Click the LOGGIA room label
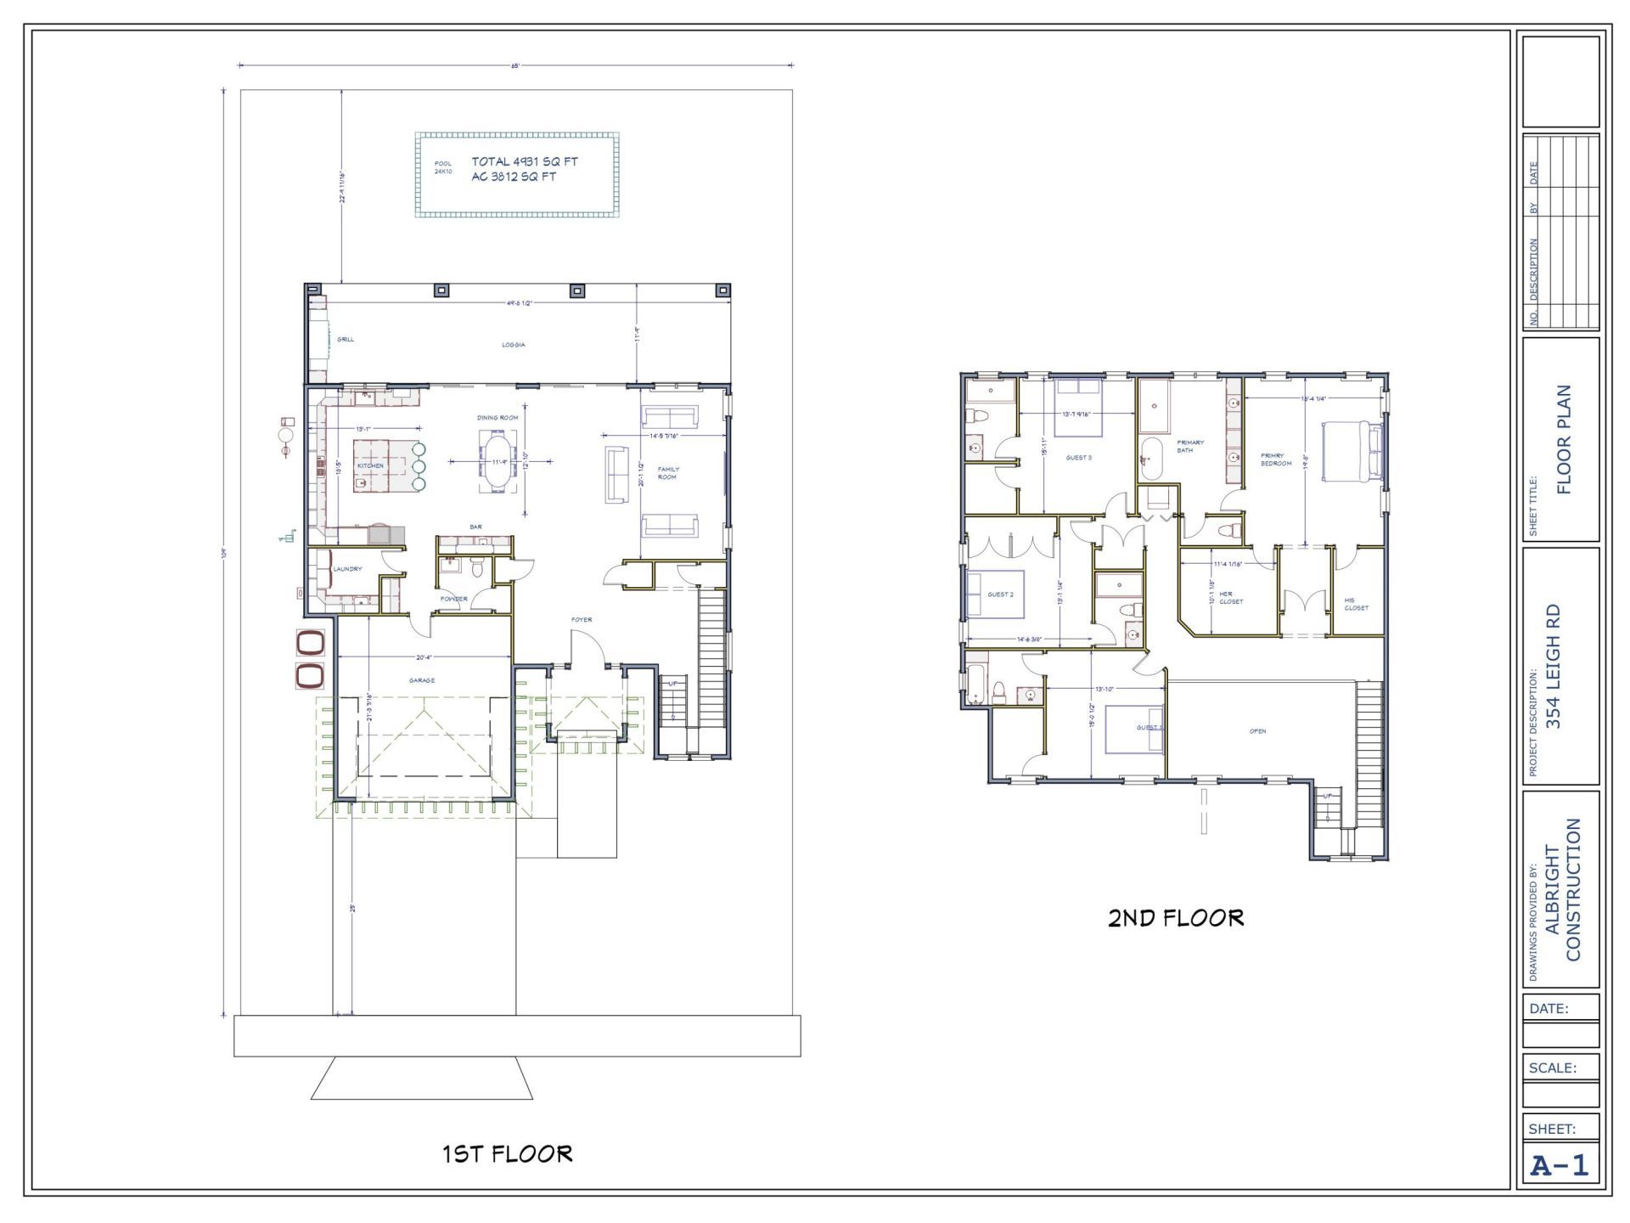pos(513,345)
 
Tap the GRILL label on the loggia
pos(346,340)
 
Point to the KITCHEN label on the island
pos(370,465)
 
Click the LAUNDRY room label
pos(347,569)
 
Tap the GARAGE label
pos(422,680)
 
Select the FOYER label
pos(582,620)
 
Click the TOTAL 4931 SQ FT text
pos(525,161)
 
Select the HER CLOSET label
pos(1230,598)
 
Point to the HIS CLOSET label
pos(1356,604)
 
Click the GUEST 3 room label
pos(1078,458)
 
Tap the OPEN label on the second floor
pos(1257,731)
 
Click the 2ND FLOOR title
pos(1175,918)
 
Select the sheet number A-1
pos(1559,1166)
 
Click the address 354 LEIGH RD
pos(1553,667)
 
